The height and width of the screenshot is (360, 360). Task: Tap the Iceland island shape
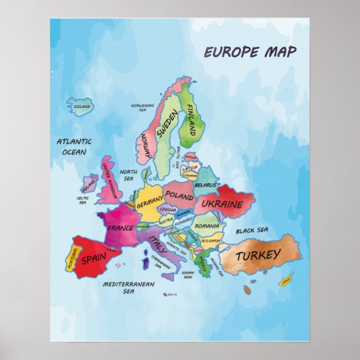tap(81, 106)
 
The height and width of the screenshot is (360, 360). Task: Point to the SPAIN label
tap(93, 259)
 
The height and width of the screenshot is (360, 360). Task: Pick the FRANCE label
tap(120, 228)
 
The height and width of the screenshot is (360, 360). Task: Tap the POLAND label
tap(180, 196)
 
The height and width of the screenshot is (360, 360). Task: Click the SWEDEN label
tap(167, 125)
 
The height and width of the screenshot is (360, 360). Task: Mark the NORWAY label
tap(145, 144)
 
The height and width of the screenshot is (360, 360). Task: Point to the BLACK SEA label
tap(252, 230)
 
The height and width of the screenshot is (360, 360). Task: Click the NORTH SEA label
tap(128, 175)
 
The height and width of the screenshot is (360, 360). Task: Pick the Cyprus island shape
tap(287, 278)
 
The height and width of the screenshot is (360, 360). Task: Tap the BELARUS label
tap(204, 184)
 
